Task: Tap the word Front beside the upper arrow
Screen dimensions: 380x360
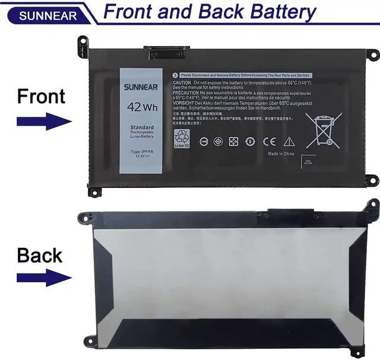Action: pos(41,95)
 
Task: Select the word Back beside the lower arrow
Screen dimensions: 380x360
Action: pos(40,255)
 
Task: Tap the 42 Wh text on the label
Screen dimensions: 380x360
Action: pos(141,108)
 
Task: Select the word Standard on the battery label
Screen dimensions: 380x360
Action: pos(142,128)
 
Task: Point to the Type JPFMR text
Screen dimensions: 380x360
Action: pos(142,152)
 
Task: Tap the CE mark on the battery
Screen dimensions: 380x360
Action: pos(269,142)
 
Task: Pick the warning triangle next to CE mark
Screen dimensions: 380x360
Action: pos(289,141)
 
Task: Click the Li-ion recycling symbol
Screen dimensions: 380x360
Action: pos(181,137)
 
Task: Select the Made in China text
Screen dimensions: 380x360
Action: pos(281,154)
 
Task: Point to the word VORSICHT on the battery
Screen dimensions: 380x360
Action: pos(185,103)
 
